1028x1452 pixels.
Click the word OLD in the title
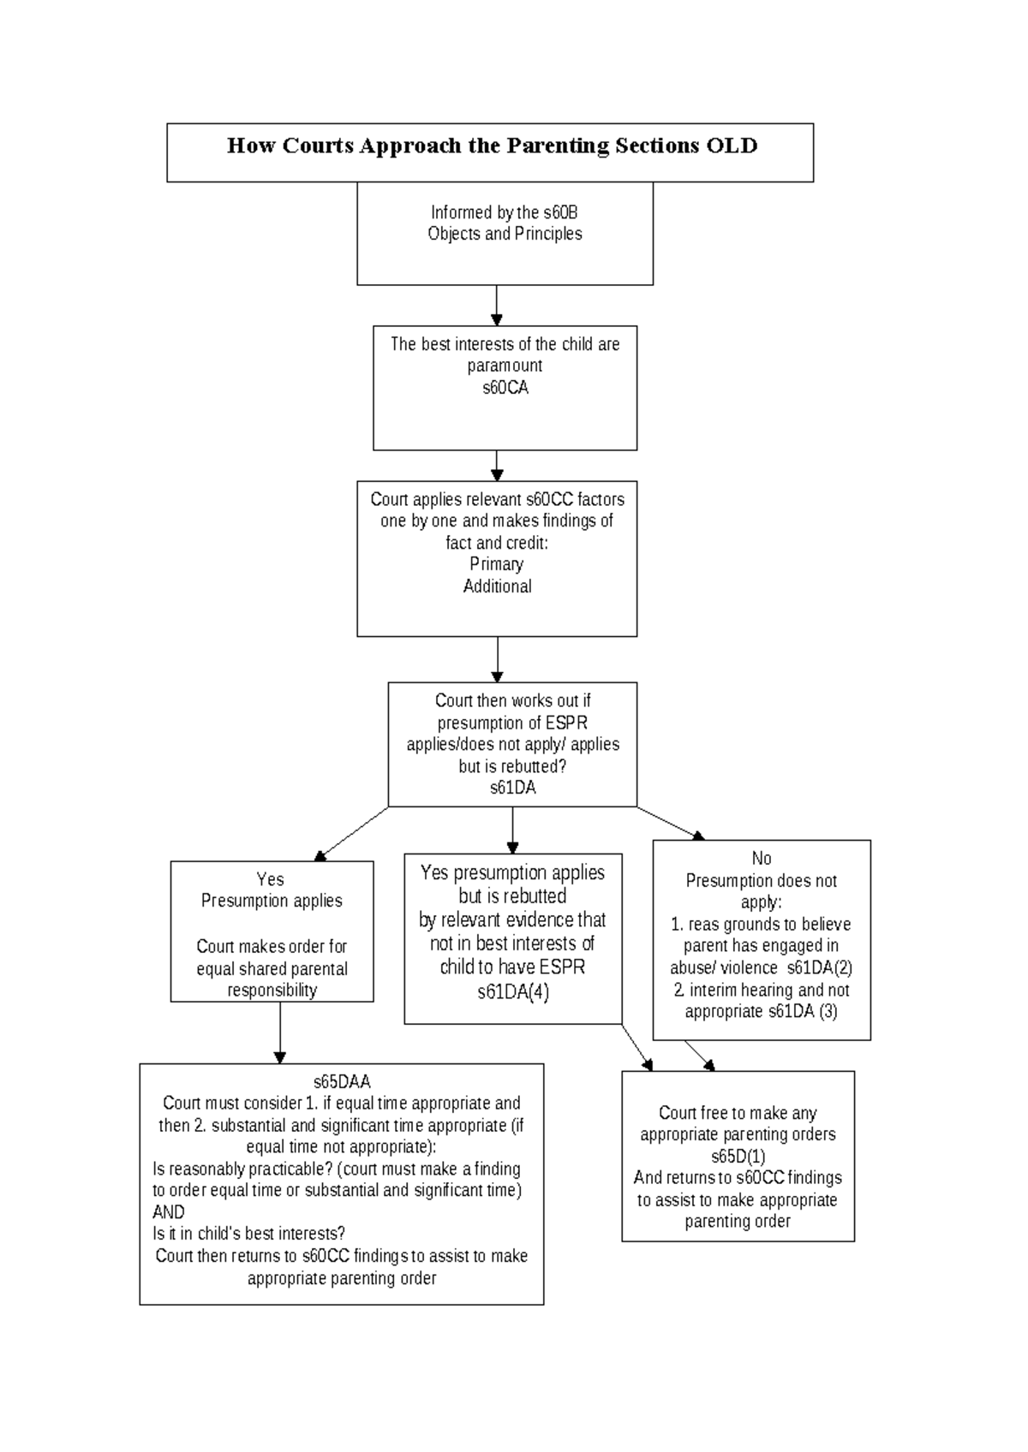tap(732, 146)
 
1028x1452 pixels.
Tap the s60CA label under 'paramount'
tap(505, 388)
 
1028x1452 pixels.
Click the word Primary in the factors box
tap(497, 564)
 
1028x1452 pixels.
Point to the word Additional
tap(498, 586)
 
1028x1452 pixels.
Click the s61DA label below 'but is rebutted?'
tap(512, 788)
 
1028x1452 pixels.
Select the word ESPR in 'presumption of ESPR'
tap(567, 722)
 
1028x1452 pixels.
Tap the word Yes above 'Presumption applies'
tap(271, 879)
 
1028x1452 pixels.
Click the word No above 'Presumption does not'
tap(762, 858)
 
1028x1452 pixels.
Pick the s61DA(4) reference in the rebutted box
tap(513, 992)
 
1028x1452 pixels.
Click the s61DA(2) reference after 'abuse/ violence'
tap(820, 967)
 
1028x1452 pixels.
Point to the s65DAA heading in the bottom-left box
tap(342, 1082)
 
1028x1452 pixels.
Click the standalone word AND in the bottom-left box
tap(169, 1212)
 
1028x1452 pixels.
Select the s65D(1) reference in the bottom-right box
tap(738, 1157)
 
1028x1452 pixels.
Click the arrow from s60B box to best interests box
tap(497, 306)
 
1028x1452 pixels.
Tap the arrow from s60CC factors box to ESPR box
tap(498, 659)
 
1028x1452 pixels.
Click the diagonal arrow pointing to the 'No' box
tap(671, 824)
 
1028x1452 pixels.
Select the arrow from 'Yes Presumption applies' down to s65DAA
tap(280, 1032)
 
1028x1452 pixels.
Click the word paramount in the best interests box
tap(505, 366)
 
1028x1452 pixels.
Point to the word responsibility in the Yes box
tap(272, 991)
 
